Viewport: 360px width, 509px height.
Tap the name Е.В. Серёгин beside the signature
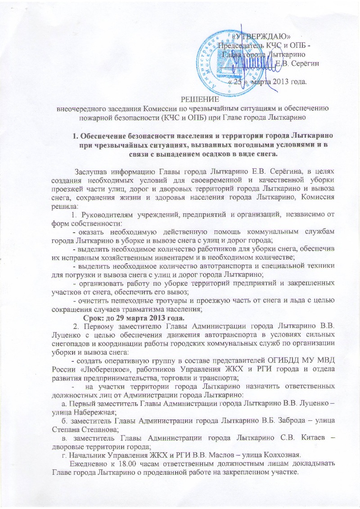coord(297,63)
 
